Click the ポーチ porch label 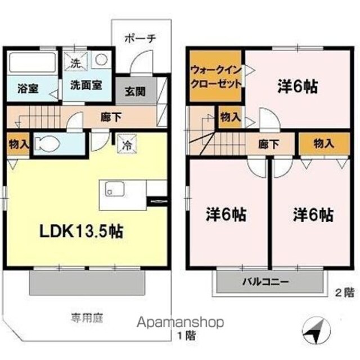[x=140, y=38]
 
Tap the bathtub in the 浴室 [x=31, y=62]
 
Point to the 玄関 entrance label [x=136, y=91]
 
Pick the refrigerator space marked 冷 [x=127, y=143]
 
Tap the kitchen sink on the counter [x=115, y=189]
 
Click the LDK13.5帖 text [x=82, y=231]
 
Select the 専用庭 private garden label [x=87, y=318]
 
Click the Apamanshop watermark [x=181, y=322]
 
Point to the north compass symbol [x=316, y=331]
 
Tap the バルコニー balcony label [x=265, y=281]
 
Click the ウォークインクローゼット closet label [x=216, y=77]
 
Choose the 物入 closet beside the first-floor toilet [x=19, y=144]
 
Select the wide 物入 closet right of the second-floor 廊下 [x=324, y=144]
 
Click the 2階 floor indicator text [x=344, y=292]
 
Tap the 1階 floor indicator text [x=187, y=336]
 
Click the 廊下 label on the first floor [x=111, y=118]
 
